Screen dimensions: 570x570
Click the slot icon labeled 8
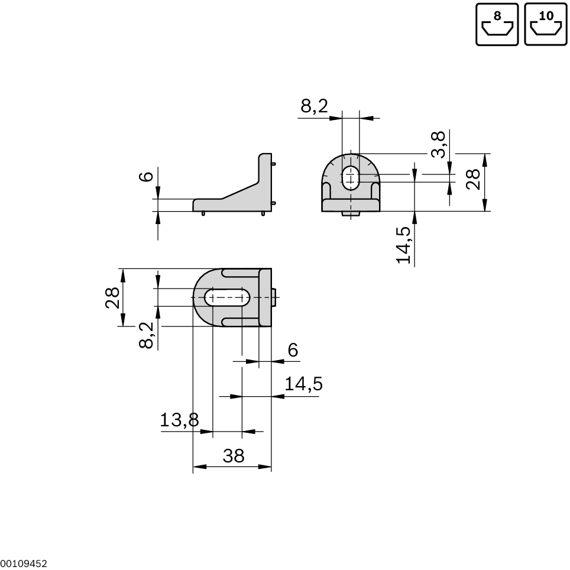[x=497, y=24]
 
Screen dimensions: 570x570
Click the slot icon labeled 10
[x=546, y=24]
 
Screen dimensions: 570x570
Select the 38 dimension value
[x=233, y=456]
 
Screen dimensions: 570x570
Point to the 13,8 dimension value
[x=179, y=420]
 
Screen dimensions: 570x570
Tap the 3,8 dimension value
[x=438, y=144]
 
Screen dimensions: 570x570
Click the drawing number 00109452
[x=24, y=564]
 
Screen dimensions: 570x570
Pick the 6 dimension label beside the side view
[x=147, y=176]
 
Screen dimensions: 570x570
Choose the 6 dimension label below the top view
[x=293, y=351]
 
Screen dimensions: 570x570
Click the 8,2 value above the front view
[x=314, y=106]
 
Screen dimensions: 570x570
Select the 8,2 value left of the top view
[x=147, y=335]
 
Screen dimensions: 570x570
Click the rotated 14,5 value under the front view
[x=404, y=244]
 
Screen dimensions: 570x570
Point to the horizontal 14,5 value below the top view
[x=303, y=384]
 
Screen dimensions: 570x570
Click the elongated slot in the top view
[x=228, y=297]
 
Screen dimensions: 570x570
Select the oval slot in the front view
[x=351, y=177]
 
